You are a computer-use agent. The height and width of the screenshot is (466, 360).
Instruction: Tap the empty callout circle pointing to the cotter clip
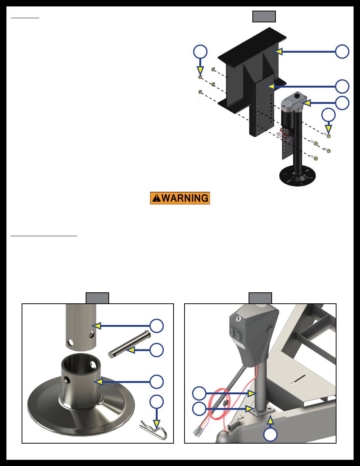(157, 402)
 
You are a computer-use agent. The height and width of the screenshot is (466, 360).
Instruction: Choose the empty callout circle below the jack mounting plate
(270, 435)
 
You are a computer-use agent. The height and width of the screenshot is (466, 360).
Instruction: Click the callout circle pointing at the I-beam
(342, 52)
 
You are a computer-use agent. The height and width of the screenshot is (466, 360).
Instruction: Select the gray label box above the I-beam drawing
(264, 16)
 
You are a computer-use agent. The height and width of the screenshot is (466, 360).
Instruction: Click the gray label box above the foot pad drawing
(97, 298)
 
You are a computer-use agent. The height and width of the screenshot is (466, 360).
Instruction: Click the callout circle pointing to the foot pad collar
(157, 381)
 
